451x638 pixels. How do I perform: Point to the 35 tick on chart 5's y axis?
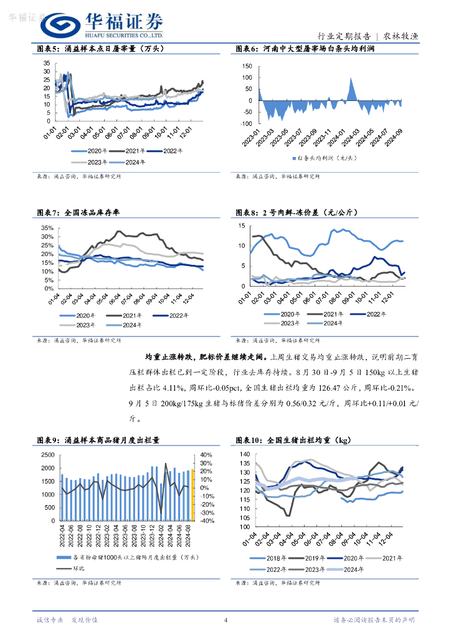46,63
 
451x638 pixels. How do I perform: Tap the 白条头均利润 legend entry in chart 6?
324,158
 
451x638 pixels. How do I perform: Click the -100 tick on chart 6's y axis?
247,123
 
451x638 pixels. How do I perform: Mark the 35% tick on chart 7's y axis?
47,228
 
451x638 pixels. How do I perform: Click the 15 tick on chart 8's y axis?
247,226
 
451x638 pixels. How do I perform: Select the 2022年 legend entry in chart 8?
373,314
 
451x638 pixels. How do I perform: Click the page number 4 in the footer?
225,619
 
